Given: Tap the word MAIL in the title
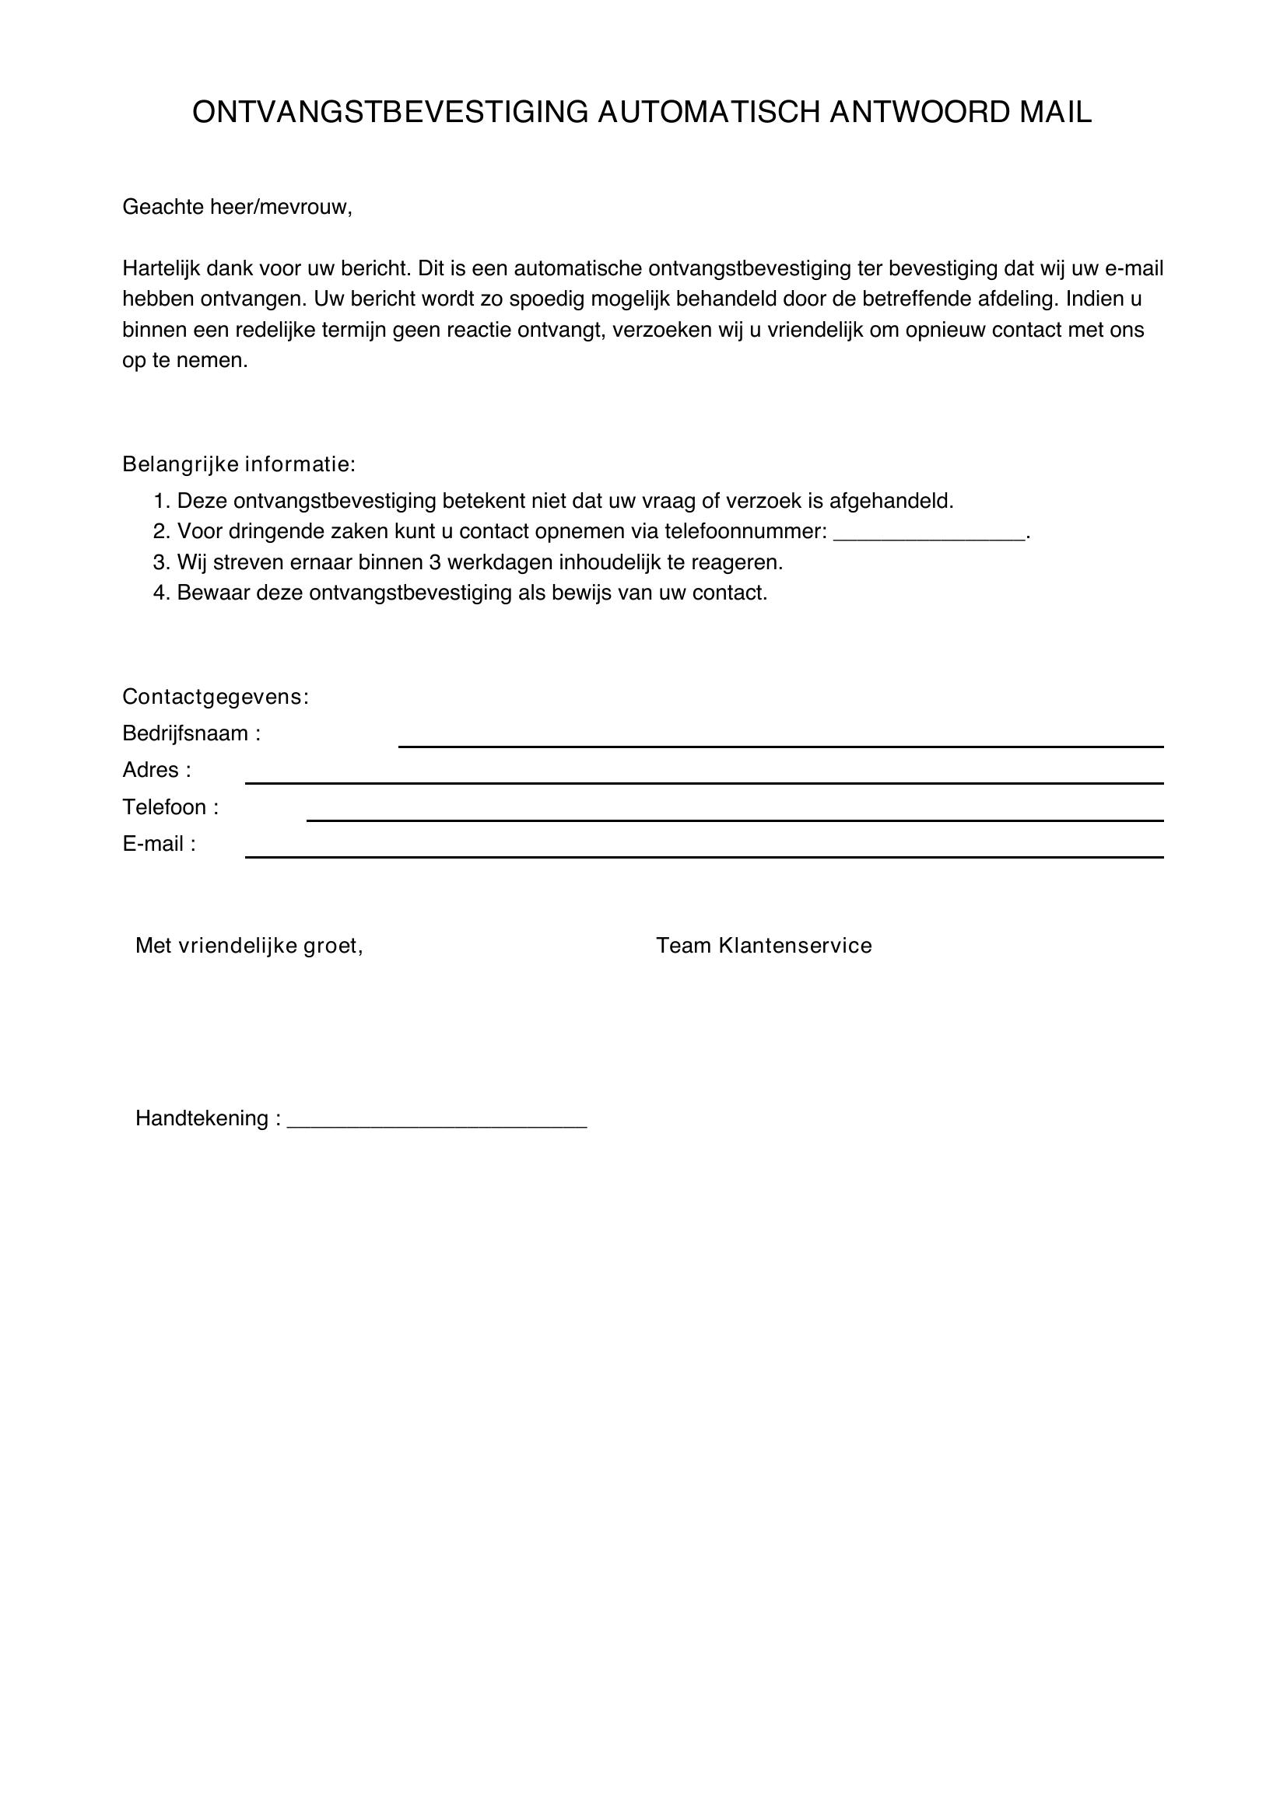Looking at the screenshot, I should pyautogui.click(x=1055, y=113).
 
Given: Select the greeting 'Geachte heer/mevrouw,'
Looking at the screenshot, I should pyautogui.click(x=237, y=208).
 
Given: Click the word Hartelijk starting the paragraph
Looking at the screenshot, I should pyautogui.click(x=161, y=268).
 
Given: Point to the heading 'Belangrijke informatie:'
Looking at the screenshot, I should pyautogui.click(x=239, y=464).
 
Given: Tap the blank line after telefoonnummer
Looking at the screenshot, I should pyautogui.click(x=930, y=537).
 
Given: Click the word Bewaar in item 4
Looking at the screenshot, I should pyautogui.click(x=212, y=593).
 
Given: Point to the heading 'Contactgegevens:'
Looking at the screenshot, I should pyautogui.click(x=215, y=697).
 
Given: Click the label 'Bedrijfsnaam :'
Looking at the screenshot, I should pyautogui.click(x=191, y=733).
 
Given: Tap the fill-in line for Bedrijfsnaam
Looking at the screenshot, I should pyautogui.click(x=780, y=746).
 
